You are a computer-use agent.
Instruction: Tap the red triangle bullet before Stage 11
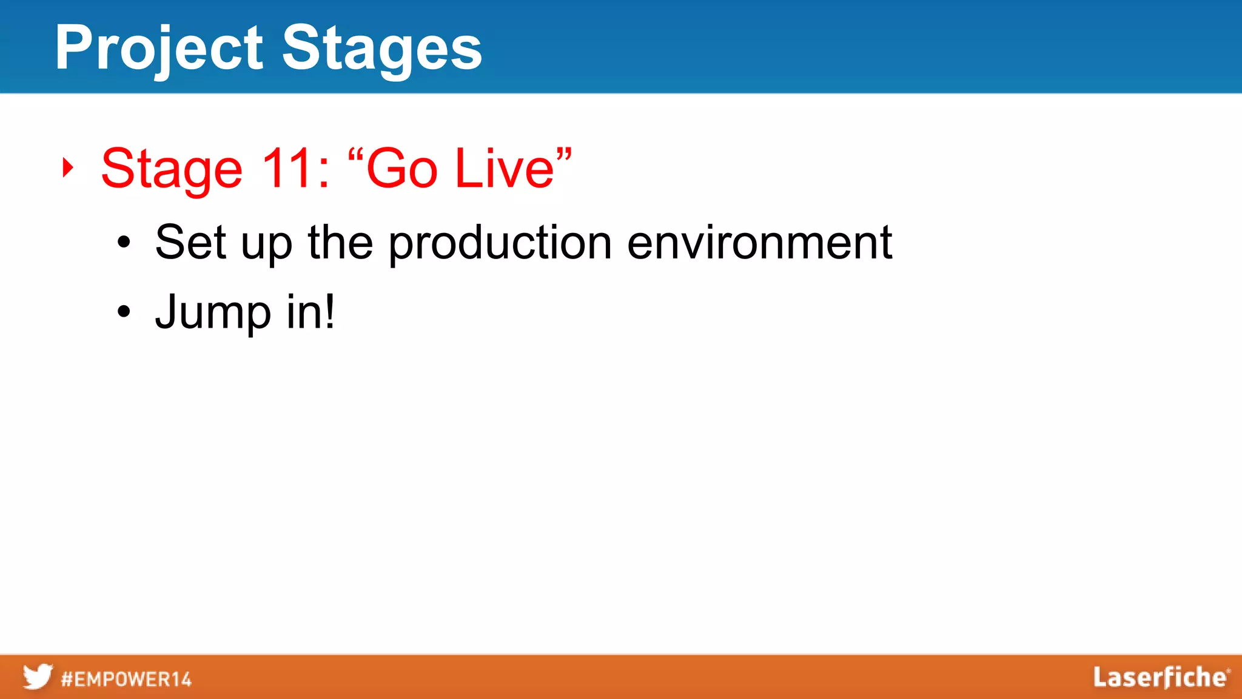coord(68,167)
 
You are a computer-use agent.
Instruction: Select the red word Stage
coord(172,170)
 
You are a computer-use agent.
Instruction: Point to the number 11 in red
coord(289,168)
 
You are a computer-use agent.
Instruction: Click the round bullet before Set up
coord(124,243)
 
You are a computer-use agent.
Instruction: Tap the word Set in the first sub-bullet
coord(190,242)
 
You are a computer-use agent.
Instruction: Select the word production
coord(500,244)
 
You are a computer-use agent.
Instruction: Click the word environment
coord(759,243)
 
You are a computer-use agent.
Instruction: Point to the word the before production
coord(340,242)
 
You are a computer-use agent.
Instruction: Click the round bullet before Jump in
coord(124,312)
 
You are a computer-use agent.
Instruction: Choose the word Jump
coord(213,313)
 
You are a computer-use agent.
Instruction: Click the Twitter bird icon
coord(38,677)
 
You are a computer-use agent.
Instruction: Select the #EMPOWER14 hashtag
coord(126,679)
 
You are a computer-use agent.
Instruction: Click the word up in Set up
coord(266,245)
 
